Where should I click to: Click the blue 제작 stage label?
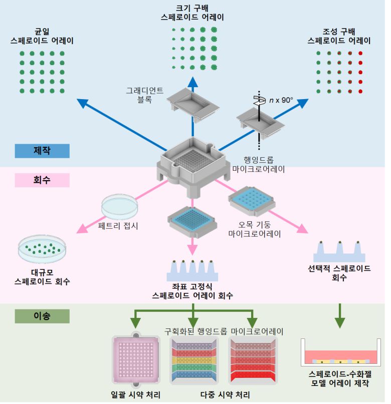[x=42, y=151]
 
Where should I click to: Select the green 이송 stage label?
[x=42, y=316]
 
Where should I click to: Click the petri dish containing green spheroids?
[x=42, y=249]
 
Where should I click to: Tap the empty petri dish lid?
[x=118, y=206]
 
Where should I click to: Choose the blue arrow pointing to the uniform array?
[x=120, y=124]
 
